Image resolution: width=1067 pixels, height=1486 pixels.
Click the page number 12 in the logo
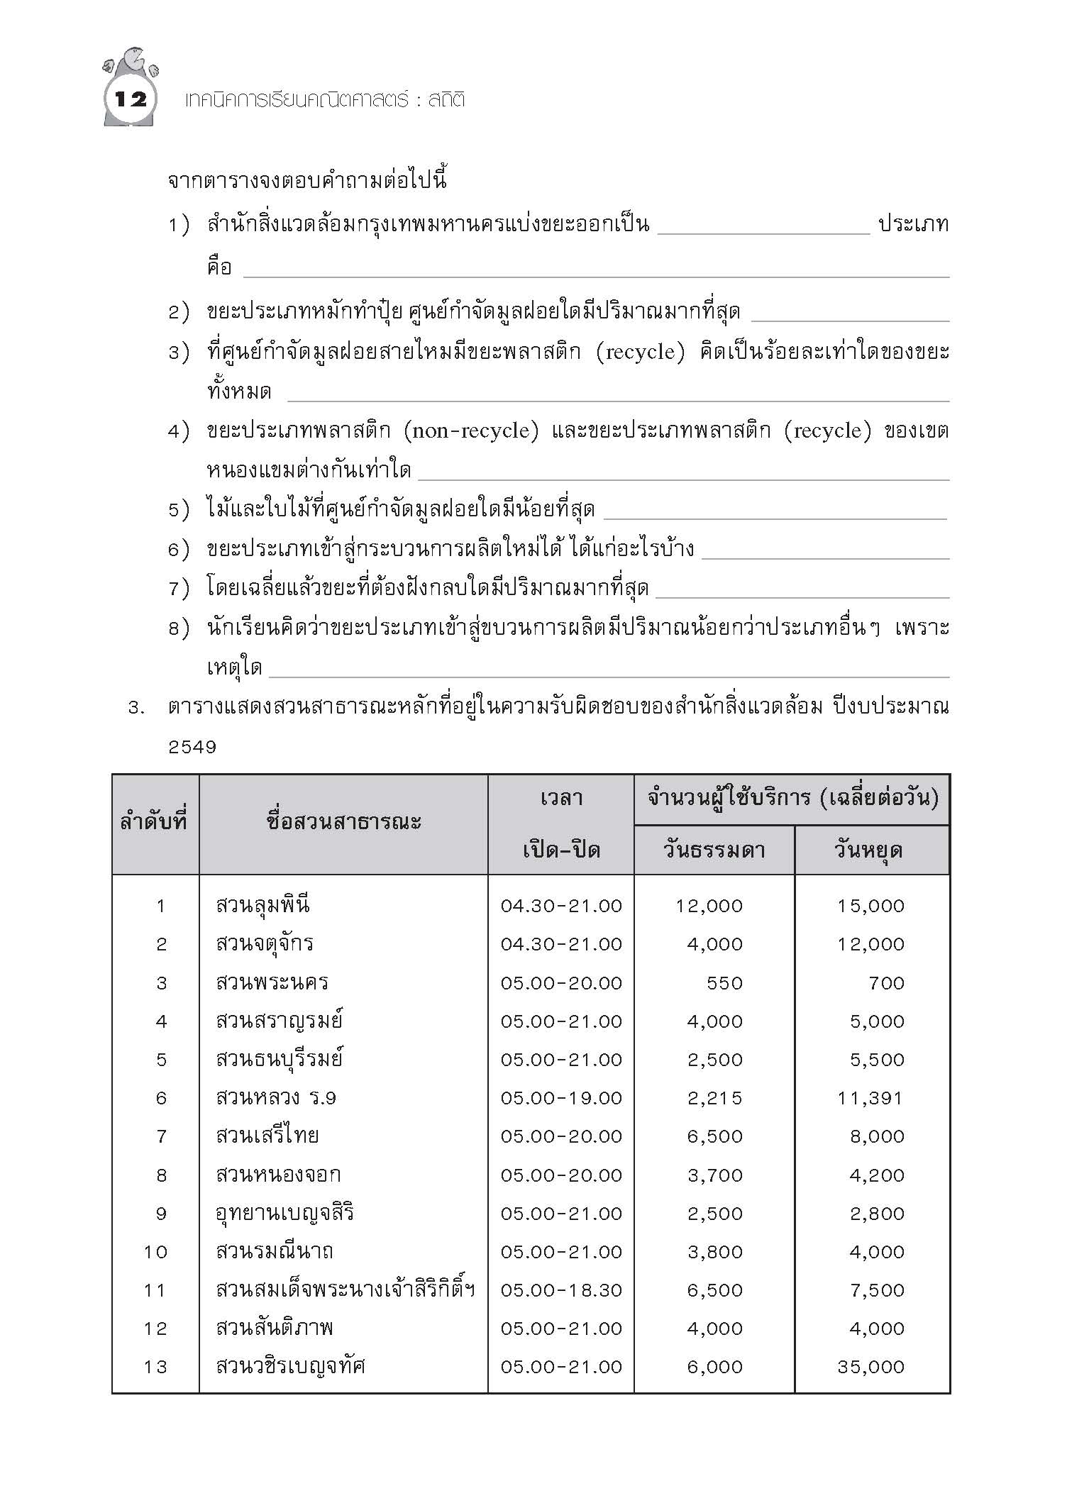[x=131, y=99]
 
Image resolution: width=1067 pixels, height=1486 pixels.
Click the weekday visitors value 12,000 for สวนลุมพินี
[x=709, y=906]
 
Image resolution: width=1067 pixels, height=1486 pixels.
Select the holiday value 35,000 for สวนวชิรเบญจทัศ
[x=870, y=1367]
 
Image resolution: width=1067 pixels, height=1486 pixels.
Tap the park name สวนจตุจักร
[x=265, y=944]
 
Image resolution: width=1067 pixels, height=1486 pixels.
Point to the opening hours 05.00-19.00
[x=561, y=1098]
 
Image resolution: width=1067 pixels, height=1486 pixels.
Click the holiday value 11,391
[x=870, y=1098]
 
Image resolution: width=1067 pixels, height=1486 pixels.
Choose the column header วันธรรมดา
[x=714, y=850]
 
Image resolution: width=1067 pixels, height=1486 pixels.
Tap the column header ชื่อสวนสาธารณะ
[x=344, y=823]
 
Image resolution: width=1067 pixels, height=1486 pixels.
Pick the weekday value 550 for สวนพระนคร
[x=724, y=983]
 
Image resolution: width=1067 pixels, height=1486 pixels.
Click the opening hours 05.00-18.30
[x=561, y=1290]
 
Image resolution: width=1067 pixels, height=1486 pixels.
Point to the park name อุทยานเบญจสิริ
[x=284, y=1214]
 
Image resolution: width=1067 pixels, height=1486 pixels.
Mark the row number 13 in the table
[x=155, y=1367]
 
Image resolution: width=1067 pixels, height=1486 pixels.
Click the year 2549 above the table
[x=192, y=747]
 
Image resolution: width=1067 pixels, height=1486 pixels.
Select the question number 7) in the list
[x=179, y=589]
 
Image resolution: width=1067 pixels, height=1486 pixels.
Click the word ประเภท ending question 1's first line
[x=914, y=225]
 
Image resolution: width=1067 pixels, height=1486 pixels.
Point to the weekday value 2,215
[x=714, y=1098]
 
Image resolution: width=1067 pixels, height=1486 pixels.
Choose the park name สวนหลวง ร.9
[x=276, y=1098]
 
